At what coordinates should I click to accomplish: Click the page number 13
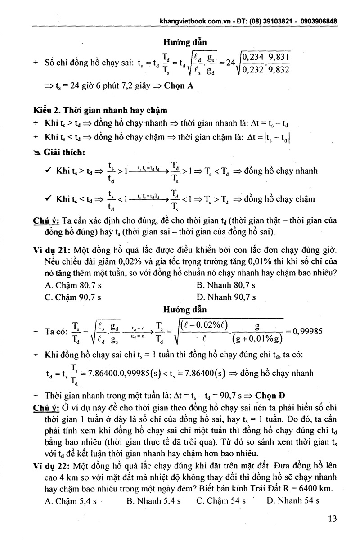(333, 518)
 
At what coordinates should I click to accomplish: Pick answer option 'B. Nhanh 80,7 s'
(226, 285)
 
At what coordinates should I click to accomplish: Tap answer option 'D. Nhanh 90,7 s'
(226, 297)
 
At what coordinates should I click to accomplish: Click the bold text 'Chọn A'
(179, 86)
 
